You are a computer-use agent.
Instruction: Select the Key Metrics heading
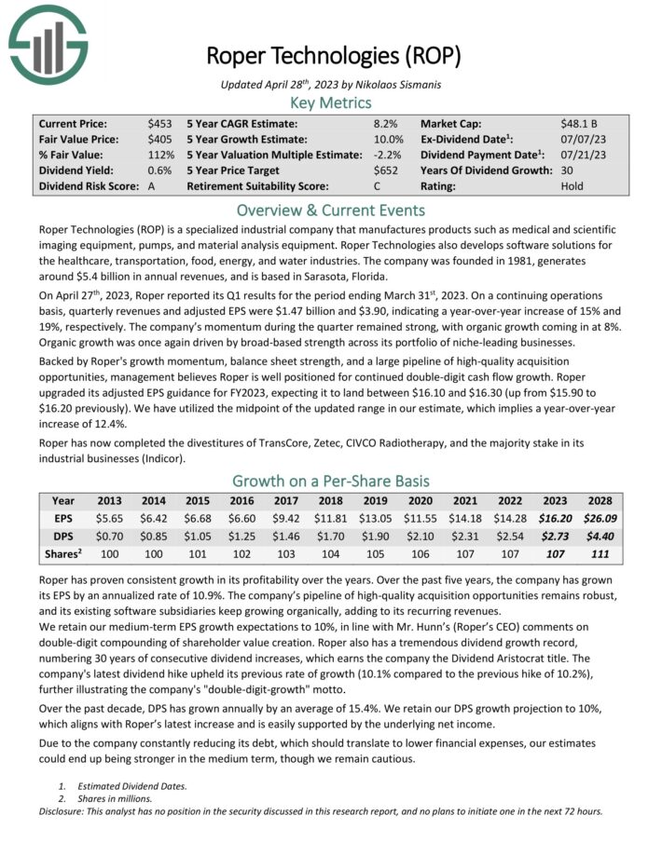tap(331, 102)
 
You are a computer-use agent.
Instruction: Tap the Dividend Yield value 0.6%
tap(159, 170)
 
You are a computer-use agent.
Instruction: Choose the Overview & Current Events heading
tap(331, 210)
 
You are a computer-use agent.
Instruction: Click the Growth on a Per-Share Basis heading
tap(331, 481)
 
